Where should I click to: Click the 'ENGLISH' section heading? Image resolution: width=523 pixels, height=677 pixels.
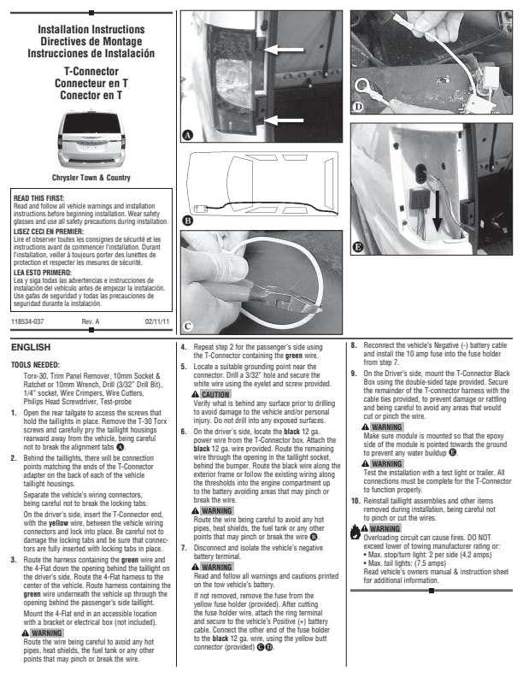(31, 348)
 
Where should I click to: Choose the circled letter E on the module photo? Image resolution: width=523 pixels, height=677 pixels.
(359, 248)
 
